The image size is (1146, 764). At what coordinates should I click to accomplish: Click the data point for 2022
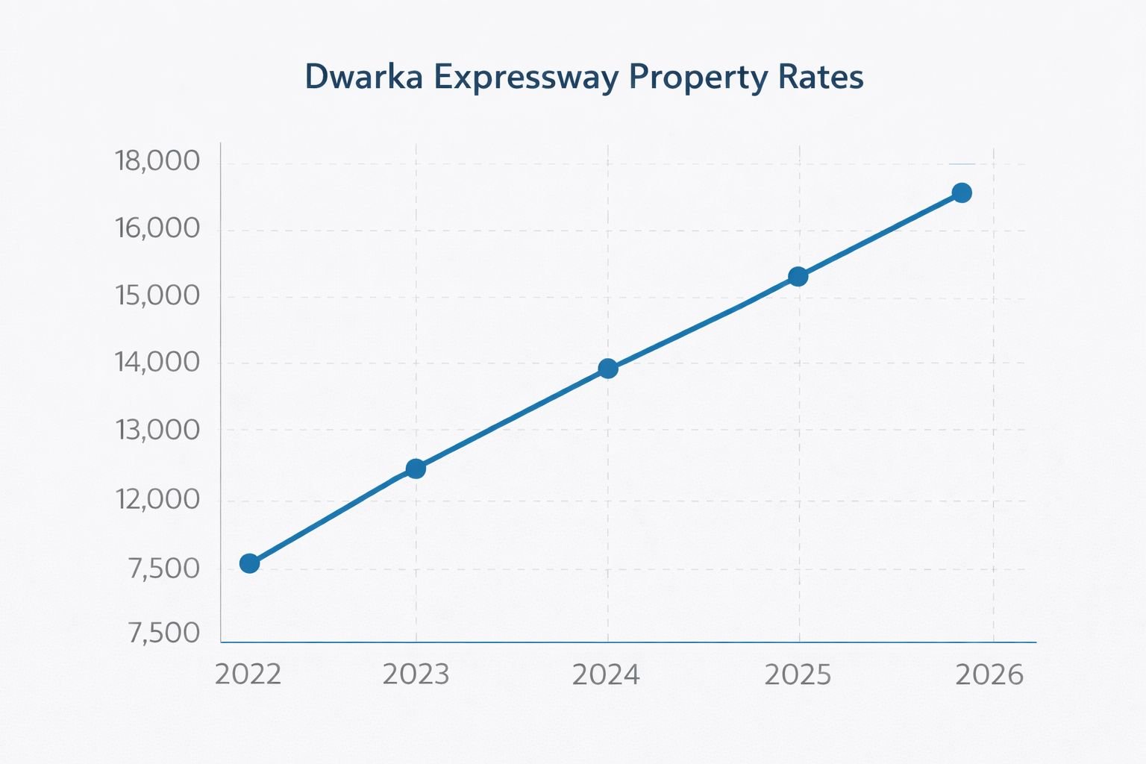pyautogui.click(x=250, y=563)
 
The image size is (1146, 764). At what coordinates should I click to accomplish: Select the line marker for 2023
pyautogui.click(x=416, y=469)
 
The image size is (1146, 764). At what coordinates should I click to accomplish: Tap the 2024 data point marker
pyautogui.click(x=608, y=369)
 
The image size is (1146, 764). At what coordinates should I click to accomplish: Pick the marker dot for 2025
pyautogui.click(x=798, y=277)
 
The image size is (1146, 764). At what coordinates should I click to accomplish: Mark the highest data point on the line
pyautogui.click(x=962, y=192)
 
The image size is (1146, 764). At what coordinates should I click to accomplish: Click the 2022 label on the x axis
pyautogui.click(x=248, y=674)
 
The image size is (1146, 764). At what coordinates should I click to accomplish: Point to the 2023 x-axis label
pyautogui.click(x=416, y=674)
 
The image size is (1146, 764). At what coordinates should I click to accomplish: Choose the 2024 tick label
pyautogui.click(x=606, y=674)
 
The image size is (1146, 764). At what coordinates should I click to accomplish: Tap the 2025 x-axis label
pyautogui.click(x=798, y=674)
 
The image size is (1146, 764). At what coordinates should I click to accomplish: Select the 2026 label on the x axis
pyautogui.click(x=990, y=674)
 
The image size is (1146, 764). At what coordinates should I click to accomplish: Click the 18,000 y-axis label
pyautogui.click(x=157, y=161)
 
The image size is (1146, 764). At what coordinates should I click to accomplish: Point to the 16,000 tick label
pyautogui.click(x=157, y=228)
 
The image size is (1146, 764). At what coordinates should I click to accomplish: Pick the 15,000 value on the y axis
pyautogui.click(x=157, y=296)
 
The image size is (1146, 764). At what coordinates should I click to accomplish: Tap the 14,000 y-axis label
pyautogui.click(x=157, y=363)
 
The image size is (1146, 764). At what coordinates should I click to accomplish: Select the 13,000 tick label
pyautogui.click(x=157, y=430)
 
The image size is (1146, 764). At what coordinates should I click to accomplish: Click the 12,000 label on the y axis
pyautogui.click(x=157, y=499)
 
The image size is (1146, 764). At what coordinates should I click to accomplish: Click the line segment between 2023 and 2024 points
pyautogui.click(x=512, y=419)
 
